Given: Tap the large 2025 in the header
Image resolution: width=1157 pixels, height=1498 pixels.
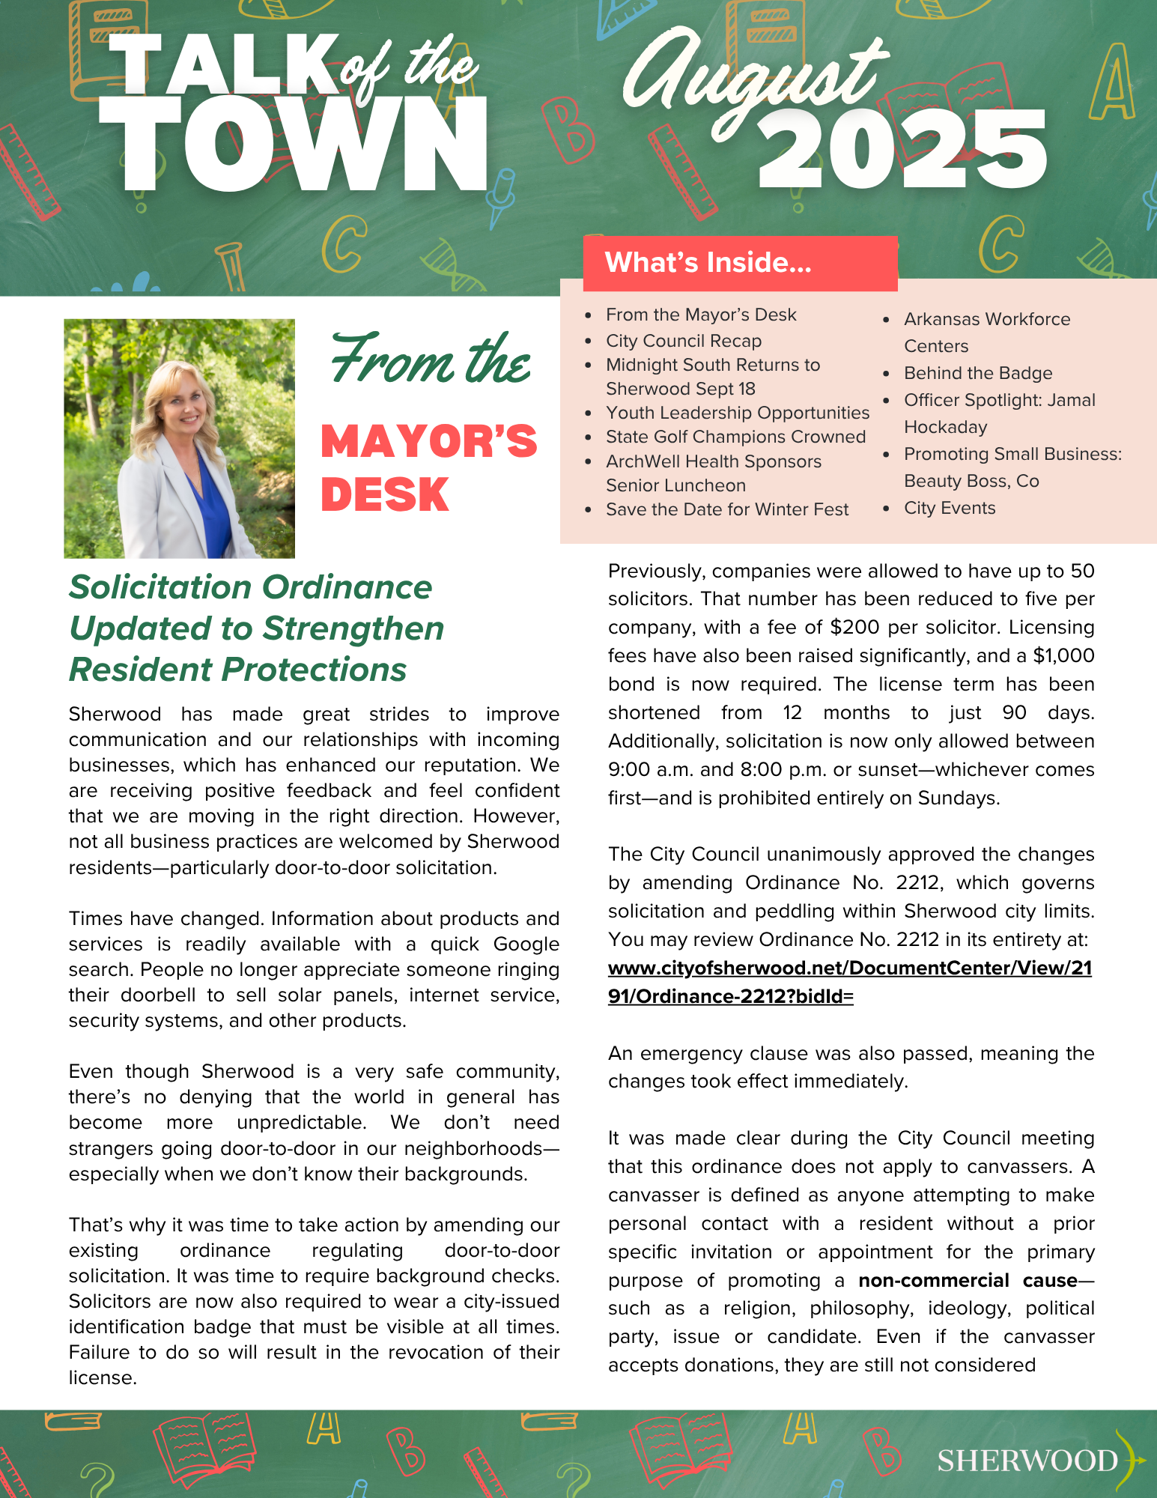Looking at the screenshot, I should [902, 150].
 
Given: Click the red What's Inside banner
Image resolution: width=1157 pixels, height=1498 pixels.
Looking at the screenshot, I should [740, 263].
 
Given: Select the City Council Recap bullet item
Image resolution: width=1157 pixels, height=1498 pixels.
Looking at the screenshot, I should [683, 341].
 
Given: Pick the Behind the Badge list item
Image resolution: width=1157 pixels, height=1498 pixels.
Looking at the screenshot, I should [977, 373].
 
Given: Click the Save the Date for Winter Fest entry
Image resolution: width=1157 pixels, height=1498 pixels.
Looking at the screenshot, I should [726, 509].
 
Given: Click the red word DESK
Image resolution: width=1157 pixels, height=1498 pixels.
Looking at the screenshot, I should [385, 495].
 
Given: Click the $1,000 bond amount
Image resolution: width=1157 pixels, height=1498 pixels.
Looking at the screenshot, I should [1063, 655].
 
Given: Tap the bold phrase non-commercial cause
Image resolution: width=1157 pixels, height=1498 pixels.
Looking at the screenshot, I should [968, 1280].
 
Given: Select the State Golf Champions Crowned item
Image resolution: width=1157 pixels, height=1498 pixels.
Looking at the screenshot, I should [735, 437].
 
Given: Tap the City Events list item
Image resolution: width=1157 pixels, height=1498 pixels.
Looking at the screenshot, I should [949, 508].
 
